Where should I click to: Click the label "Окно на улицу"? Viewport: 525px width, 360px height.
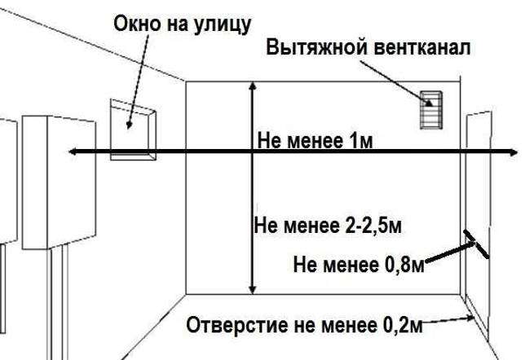click(x=182, y=24)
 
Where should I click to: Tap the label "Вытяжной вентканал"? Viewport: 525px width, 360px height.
click(x=368, y=47)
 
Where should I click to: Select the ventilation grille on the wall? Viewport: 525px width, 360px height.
click(x=431, y=110)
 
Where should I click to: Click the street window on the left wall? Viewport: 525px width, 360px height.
click(x=133, y=130)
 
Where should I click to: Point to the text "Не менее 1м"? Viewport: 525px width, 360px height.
click(x=315, y=141)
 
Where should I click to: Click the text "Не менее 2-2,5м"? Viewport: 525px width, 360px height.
click(x=328, y=226)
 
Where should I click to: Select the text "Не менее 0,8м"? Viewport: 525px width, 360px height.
click(x=359, y=265)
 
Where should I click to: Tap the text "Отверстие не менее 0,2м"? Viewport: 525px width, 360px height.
click(x=304, y=325)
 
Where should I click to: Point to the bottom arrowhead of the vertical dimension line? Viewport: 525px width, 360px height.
click(x=253, y=290)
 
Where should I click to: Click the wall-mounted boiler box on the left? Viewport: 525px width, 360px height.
click(x=59, y=182)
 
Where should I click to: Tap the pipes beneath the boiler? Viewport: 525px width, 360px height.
click(x=58, y=302)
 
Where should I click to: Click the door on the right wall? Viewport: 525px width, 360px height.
click(x=478, y=221)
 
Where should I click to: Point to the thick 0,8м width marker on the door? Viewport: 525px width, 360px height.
click(x=476, y=244)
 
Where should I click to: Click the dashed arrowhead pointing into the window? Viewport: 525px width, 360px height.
click(x=129, y=125)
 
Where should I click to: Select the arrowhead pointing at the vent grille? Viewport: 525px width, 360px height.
click(x=429, y=103)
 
